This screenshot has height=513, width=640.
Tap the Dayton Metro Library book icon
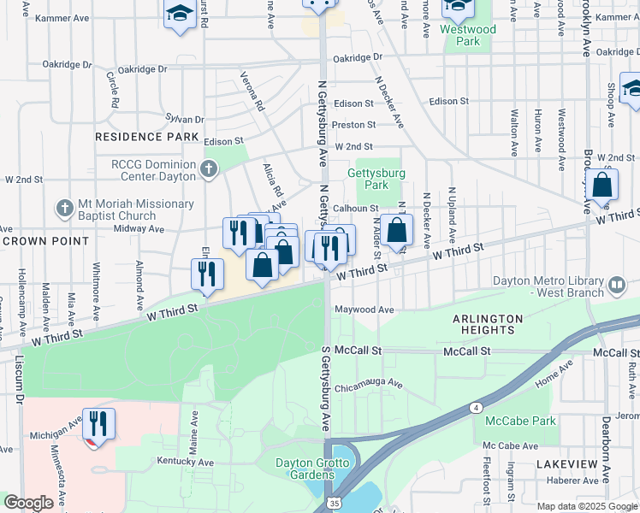tap(616, 285)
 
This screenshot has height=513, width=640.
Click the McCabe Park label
tap(520, 421)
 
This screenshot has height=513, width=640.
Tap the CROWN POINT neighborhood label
tap(45, 241)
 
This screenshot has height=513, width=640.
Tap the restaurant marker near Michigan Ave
tap(98, 425)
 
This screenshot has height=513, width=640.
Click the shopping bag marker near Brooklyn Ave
tap(603, 186)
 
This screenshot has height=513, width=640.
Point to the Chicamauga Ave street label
tap(369, 384)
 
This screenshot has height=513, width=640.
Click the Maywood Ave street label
tap(364, 310)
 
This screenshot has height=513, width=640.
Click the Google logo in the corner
tap(28, 503)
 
